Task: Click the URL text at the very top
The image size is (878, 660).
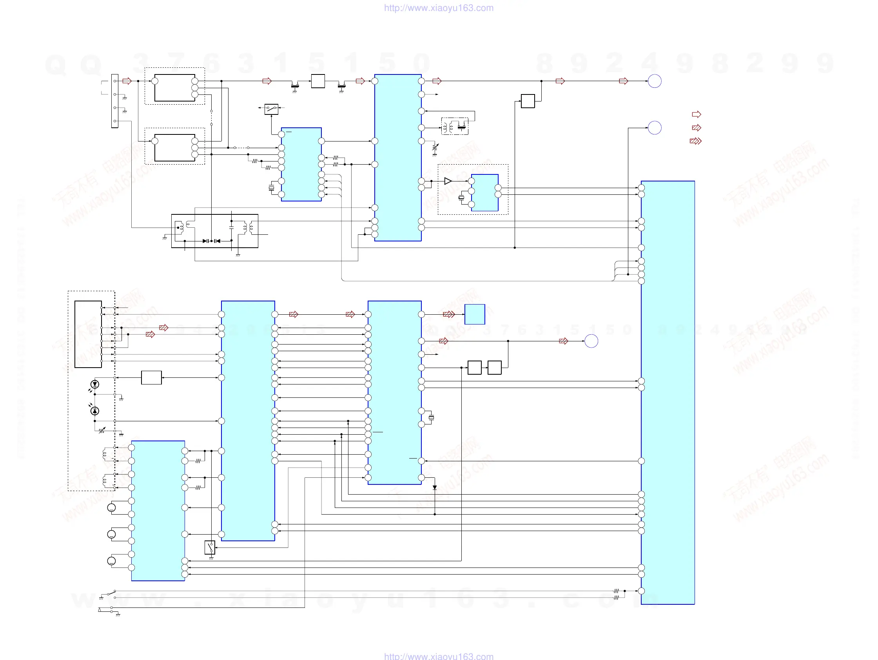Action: (439, 8)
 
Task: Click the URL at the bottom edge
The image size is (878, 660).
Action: (439, 656)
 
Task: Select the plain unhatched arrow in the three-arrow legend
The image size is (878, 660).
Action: (696, 114)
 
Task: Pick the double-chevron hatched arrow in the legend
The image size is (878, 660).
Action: (695, 141)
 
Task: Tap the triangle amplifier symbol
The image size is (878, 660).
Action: (448, 181)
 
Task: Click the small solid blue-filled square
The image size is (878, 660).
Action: (475, 314)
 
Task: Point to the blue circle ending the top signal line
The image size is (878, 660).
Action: (655, 81)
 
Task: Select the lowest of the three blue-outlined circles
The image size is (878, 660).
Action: (591, 341)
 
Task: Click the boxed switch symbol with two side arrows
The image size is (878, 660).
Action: (272, 109)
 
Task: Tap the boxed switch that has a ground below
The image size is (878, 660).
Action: (210, 547)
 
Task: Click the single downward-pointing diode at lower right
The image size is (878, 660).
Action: (435, 488)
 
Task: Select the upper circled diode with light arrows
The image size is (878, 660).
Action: (94, 384)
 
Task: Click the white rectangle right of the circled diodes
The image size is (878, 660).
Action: (151, 377)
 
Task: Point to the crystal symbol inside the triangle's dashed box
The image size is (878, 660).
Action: (461, 197)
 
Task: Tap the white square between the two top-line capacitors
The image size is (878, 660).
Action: (318, 81)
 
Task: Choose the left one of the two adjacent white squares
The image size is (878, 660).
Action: (474, 368)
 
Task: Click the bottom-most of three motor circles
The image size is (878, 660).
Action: (112, 561)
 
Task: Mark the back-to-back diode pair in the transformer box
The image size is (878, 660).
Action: (211, 241)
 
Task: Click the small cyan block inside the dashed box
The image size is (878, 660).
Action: (484, 192)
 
